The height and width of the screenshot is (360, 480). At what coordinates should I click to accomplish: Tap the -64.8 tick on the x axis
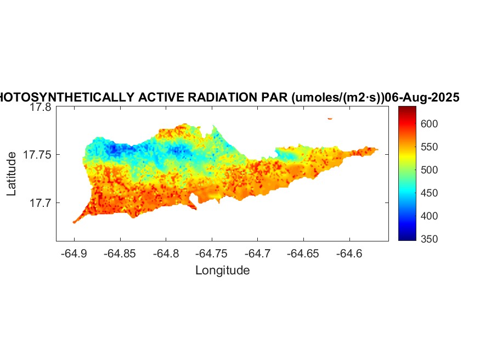[x=166, y=254]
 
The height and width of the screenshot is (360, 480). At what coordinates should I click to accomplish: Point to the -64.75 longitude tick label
[x=212, y=254]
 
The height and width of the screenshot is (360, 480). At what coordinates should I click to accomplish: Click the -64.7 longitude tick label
[x=258, y=254]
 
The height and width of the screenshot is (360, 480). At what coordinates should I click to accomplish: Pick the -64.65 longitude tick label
[x=303, y=254]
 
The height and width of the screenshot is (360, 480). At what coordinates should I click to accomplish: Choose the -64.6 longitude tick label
[x=349, y=254]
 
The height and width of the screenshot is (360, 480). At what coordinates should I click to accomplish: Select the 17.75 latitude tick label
[x=37, y=155]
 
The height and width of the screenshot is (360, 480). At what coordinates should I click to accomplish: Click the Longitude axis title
[x=223, y=270]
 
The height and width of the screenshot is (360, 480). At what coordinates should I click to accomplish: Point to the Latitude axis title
[x=12, y=174]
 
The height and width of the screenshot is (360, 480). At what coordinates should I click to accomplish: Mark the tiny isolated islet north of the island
[x=330, y=118]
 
